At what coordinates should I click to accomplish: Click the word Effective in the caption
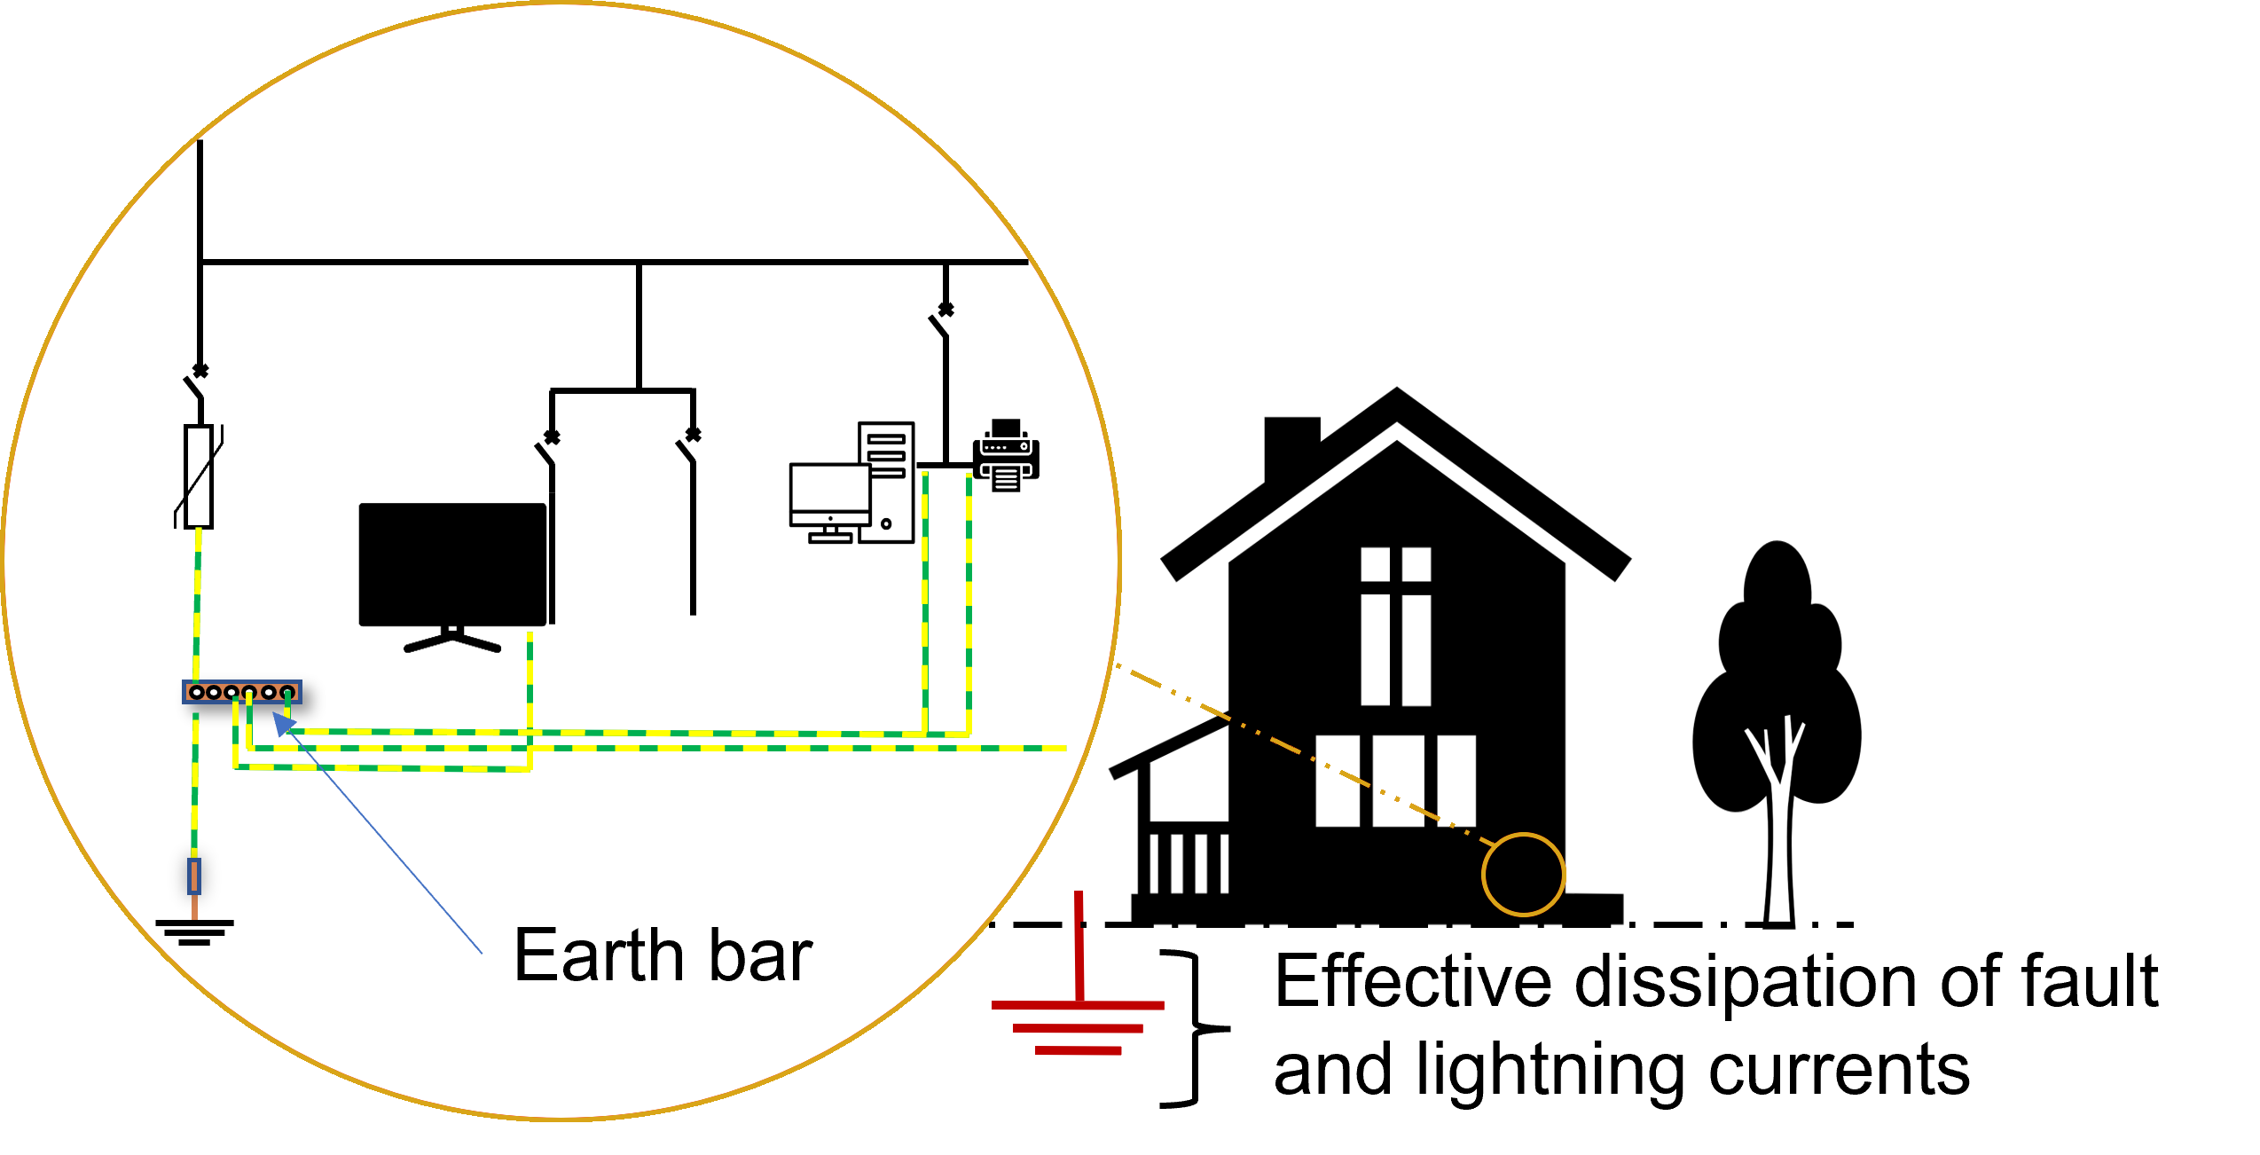1413,981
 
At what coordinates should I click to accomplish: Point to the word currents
1839,1071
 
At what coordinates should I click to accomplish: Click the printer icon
1006,455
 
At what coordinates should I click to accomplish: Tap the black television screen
452,565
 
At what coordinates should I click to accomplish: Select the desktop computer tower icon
886,483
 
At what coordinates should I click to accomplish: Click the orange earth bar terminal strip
242,692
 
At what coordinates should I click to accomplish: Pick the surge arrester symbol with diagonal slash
199,476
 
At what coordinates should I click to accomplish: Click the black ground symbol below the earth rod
194,931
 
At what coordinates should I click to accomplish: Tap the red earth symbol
1079,1003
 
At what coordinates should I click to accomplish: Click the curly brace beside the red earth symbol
1196,1029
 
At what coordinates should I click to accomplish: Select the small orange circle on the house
1523,875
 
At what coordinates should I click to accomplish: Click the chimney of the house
1291,448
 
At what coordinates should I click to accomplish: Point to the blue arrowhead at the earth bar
283,724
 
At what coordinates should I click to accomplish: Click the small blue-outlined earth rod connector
194,876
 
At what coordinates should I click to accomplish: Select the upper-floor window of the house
1396,626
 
